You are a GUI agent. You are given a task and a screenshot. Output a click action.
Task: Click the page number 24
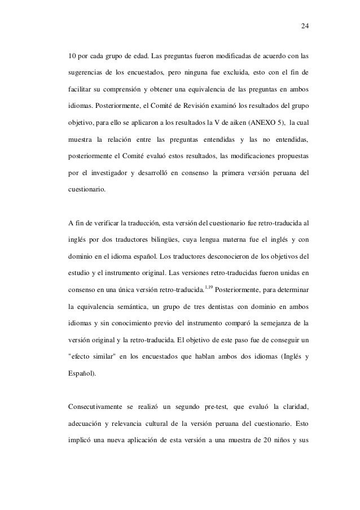click(x=305, y=27)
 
